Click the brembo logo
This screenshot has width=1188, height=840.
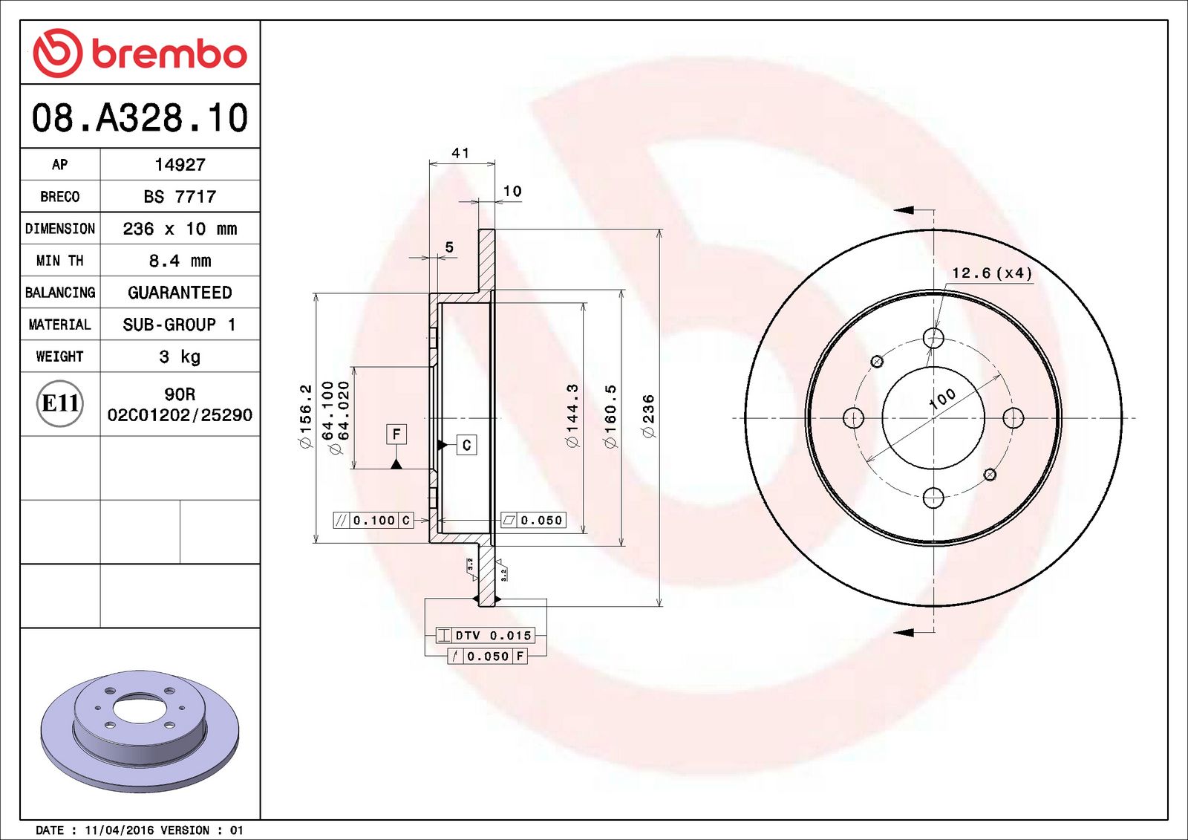coord(140,53)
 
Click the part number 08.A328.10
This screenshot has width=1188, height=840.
coord(140,118)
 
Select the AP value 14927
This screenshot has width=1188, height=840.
coord(180,165)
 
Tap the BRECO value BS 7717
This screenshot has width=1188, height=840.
coord(180,197)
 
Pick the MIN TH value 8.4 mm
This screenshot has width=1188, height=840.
coord(180,261)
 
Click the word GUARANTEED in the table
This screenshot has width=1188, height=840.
coord(180,293)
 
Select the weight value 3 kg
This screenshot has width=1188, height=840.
coord(180,356)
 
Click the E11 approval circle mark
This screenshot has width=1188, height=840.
coord(60,403)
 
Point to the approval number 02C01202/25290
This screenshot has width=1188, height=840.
coord(180,415)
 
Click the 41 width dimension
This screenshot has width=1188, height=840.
coord(460,153)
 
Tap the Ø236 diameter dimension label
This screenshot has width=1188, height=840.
coord(649,416)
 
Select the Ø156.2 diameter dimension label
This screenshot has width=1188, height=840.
coord(306,416)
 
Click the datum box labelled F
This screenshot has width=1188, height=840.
coord(396,434)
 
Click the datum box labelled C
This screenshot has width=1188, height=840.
coord(466,445)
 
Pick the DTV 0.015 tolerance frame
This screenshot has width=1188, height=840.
coord(486,636)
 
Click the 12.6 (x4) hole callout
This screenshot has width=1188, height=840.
coord(992,273)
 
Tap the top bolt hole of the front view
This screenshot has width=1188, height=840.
coord(933,338)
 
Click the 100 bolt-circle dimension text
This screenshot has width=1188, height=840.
coord(942,399)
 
